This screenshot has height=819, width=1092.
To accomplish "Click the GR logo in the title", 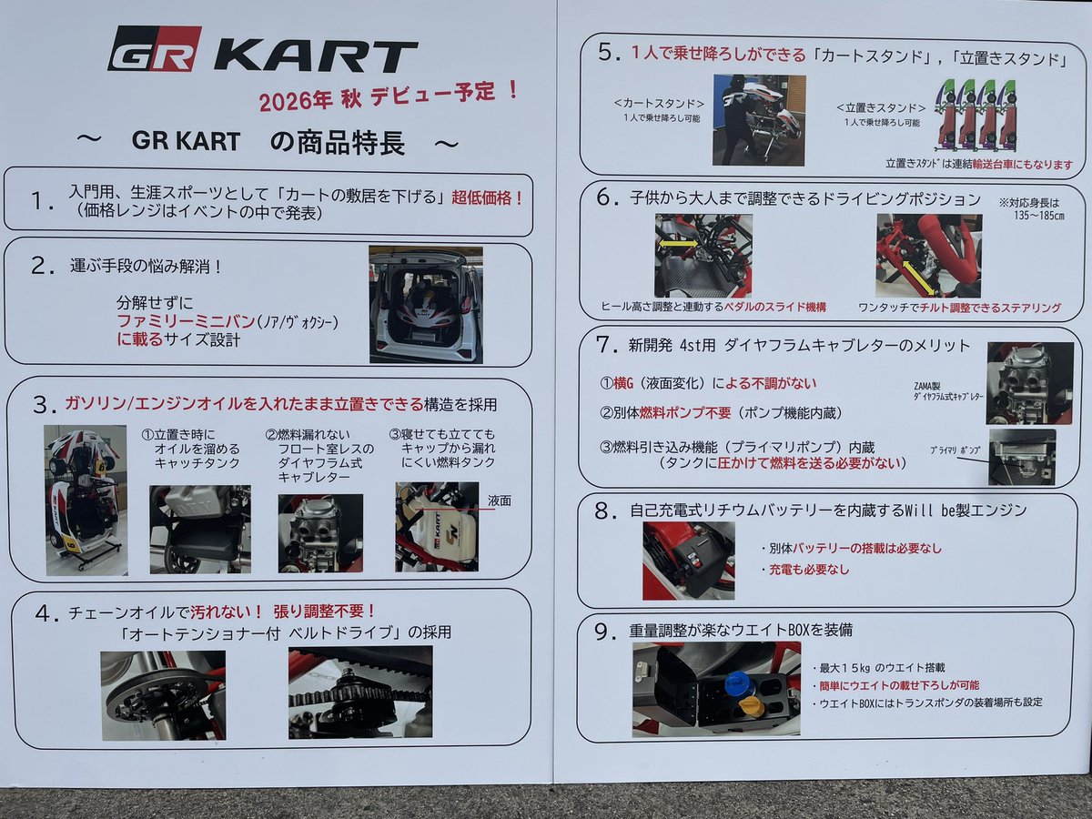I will click(x=154, y=50).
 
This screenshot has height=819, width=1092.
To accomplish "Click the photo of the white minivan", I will click(x=425, y=303).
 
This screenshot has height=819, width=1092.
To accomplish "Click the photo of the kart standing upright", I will click(x=86, y=500).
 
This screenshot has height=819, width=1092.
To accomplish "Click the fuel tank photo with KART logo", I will click(x=437, y=527).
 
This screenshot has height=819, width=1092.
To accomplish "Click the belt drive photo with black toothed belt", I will click(x=360, y=693).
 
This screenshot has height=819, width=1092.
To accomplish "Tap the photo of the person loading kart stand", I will click(x=759, y=119).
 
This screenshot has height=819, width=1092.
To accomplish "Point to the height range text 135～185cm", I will click(x=1038, y=217).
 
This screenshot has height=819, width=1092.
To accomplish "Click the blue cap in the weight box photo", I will click(x=737, y=682).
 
